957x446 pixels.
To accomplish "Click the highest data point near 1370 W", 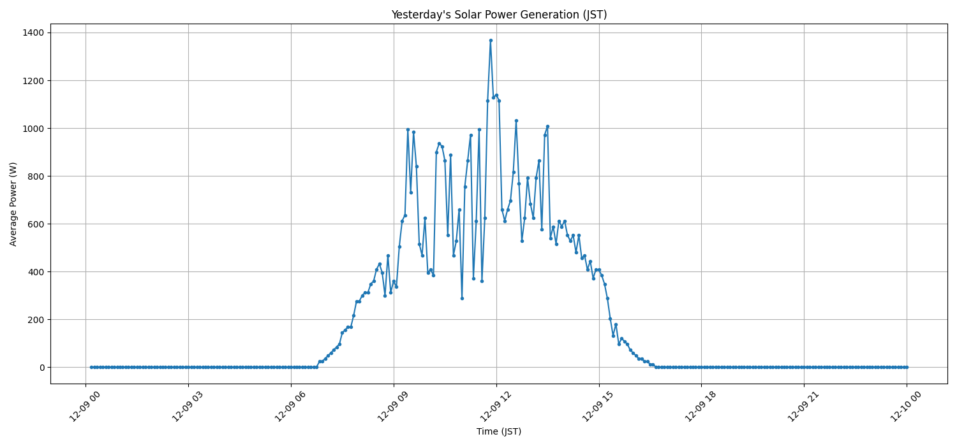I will coord(491,40).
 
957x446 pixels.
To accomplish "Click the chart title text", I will coord(499,15).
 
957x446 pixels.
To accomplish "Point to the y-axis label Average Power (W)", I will coord(13,204).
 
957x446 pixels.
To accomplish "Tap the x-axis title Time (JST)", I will coord(499,431).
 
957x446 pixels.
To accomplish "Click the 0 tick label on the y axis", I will coord(41,368).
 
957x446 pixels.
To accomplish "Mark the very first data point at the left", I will coord(91,367).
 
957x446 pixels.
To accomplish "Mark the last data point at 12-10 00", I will coord(907,367).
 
